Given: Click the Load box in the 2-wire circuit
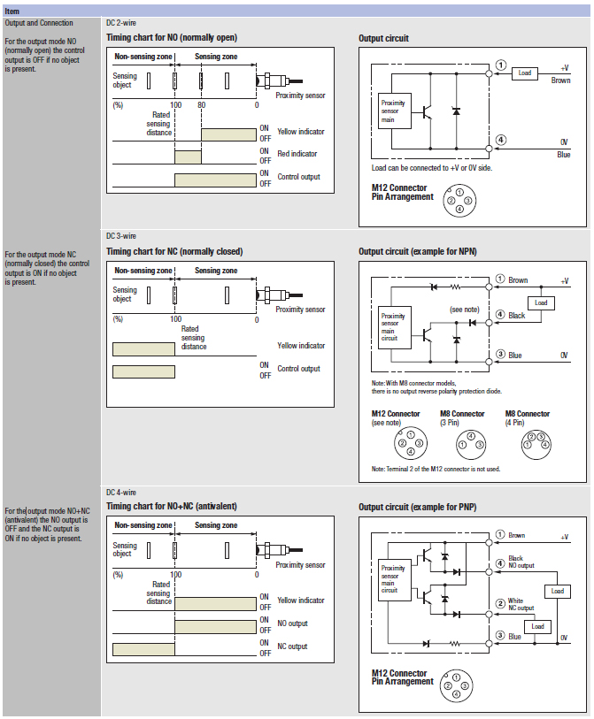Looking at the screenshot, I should click(x=525, y=73).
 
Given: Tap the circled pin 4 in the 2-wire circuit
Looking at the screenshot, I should click(x=501, y=140).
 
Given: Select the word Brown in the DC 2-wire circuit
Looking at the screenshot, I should click(x=560, y=80).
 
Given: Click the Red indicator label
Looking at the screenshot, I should click(x=297, y=154).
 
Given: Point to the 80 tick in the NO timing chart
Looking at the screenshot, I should click(x=201, y=104).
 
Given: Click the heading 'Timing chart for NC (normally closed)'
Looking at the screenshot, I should click(x=174, y=251).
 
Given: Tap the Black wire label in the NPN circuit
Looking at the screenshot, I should click(x=517, y=316).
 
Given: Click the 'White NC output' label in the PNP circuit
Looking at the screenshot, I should click(x=521, y=605).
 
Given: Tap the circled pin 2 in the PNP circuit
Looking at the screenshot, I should click(x=501, y=603).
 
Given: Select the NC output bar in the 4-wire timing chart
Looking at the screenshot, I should click(x=143, y=648).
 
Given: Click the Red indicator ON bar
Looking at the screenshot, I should click(x=188, y=157).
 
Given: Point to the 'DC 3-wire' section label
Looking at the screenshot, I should click(x=121, y=236).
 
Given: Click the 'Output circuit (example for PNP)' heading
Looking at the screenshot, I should click(x=416, y=507).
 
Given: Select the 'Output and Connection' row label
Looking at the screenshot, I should click(x=39, y=23).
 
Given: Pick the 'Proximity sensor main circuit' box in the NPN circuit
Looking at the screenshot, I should click(x=393, y=326).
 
